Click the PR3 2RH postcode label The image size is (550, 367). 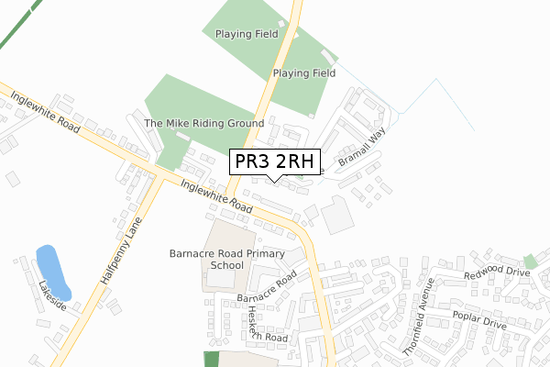(x=275, y=162)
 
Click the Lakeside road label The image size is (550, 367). (x=51, y=295)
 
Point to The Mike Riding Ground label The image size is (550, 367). (x=204, y=123)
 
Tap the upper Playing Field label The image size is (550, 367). (x=247, y=34)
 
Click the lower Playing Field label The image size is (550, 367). (x=304, y=72)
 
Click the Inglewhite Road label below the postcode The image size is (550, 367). (x=216, y=195)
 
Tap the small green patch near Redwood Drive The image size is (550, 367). (x=530, y=261)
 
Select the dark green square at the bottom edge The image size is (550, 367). (x=212, y=359)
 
